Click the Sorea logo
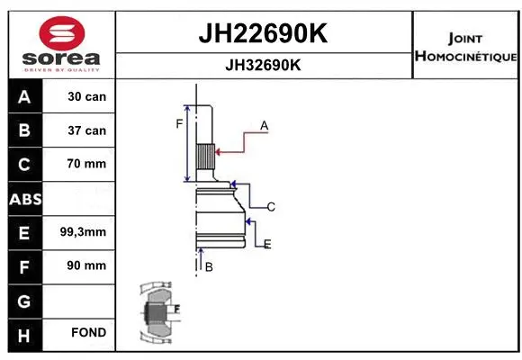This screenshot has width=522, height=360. point(61,44)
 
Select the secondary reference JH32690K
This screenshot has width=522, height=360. point(262,66)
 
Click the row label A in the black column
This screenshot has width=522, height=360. point(23,97)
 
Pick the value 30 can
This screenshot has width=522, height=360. point(87,97)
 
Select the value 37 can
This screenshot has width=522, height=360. point(87,130)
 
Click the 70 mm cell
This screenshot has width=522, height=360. point(87,164)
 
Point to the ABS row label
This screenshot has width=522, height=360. point(23,198)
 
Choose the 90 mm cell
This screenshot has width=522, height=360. point(87,265)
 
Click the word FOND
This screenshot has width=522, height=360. point(89,333)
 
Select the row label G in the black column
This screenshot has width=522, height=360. point(23,299)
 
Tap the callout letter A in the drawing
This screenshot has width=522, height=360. point(265,126)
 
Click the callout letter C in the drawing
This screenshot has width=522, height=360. point(270,207)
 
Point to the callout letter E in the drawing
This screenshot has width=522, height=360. point(267,244)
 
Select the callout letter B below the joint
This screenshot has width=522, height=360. point(209,267)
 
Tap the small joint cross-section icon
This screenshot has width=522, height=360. point(158,315)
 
